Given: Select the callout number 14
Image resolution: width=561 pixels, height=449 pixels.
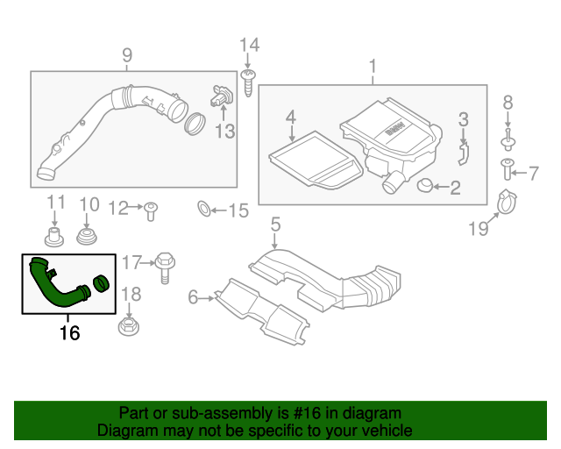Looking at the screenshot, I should [x=250, y=45].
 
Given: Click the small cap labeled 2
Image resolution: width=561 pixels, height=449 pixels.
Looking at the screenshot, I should [x=425, y=186].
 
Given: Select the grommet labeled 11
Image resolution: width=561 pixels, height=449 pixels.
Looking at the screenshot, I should [x=55, y=236].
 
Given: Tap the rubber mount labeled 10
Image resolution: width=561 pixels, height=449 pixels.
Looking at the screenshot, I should [x=88, y=237].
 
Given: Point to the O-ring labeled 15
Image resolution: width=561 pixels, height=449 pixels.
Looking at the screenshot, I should [x=202, y=210].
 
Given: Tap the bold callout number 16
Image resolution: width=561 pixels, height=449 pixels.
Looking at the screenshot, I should [x=69, y=333].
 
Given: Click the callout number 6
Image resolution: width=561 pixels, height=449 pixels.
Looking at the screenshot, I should [x=193, y=297].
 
